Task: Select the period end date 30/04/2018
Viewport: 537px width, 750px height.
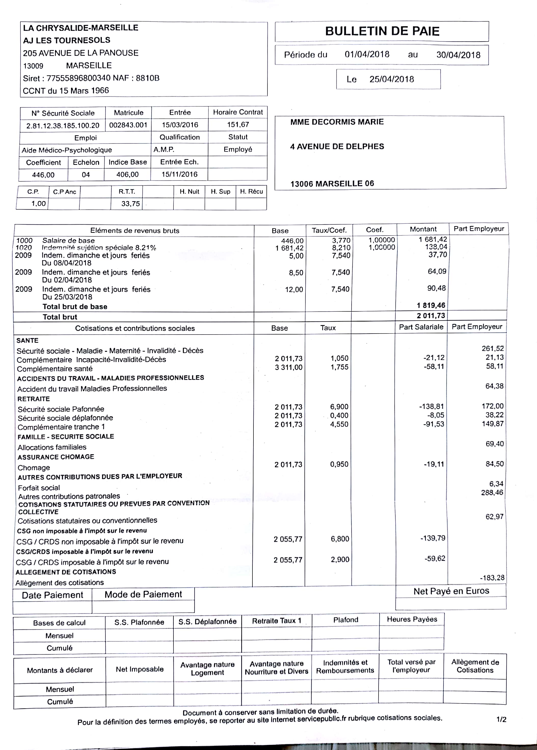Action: [458, 55]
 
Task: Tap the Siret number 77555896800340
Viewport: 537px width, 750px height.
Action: [78, 78]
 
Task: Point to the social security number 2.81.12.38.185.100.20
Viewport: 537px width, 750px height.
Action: [63, 125]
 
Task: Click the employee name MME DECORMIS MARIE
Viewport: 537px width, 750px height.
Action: [337, 122]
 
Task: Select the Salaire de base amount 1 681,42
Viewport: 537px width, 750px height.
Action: [433, 239]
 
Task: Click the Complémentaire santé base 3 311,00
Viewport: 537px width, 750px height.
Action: [288, 367]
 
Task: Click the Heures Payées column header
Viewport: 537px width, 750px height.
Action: [412, 619]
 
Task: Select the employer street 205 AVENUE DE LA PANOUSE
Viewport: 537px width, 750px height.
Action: [81, 53]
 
